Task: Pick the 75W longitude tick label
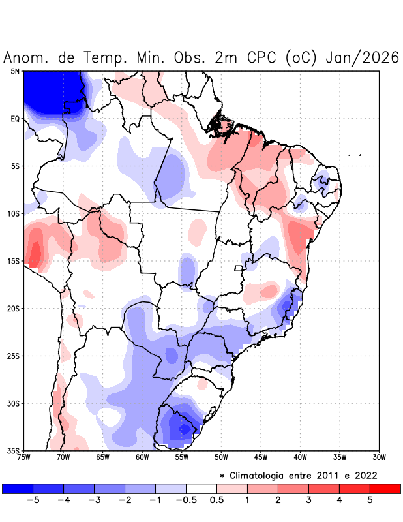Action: click(24, 457)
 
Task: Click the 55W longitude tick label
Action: click(181, 457)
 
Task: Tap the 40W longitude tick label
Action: click(300, 457)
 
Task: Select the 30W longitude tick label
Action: click(379, 457)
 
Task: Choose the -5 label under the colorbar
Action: click(32, 500)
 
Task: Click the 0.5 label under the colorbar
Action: click(216, 500)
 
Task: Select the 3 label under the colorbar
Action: click(308, 500)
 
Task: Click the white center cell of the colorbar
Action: click(201, 488)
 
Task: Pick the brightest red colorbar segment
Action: click(385, 488)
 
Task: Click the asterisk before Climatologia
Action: click(222, 475)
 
